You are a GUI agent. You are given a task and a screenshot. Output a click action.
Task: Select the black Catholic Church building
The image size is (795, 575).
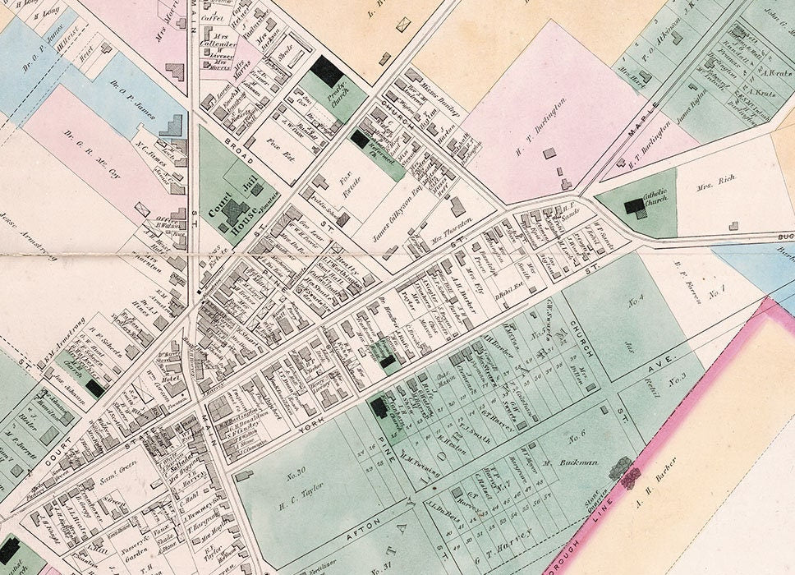tap(635, 206)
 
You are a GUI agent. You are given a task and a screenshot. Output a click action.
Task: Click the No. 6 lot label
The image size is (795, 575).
tap(576, 433)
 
